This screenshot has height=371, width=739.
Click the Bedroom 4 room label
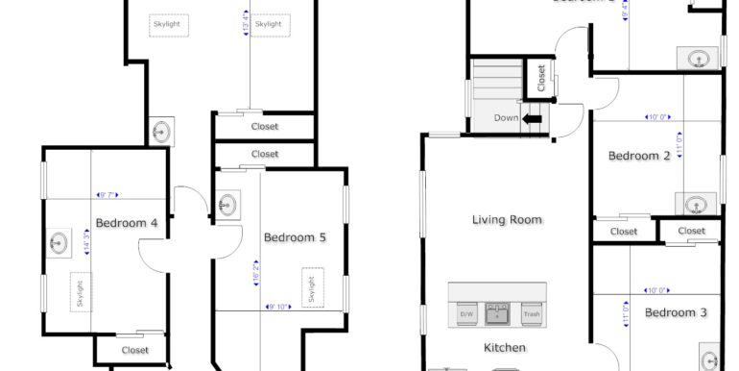point(127,223)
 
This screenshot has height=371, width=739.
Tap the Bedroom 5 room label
point(295,236)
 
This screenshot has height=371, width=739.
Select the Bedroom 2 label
point(639,156)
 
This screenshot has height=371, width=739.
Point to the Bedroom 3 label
point(675,312)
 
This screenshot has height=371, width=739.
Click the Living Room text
point(507,220)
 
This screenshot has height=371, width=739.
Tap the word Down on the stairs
point(506,118)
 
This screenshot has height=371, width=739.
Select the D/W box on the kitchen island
point(466,314)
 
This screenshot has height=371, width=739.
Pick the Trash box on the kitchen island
point(531,314)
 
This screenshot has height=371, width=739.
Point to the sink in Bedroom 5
point(227,205)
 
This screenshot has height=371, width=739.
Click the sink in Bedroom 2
point(696,204)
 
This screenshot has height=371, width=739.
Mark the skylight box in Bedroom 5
point(311,287)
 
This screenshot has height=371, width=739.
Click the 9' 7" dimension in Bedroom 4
point(105,195)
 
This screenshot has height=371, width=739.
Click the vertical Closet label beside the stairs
point(541,78)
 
